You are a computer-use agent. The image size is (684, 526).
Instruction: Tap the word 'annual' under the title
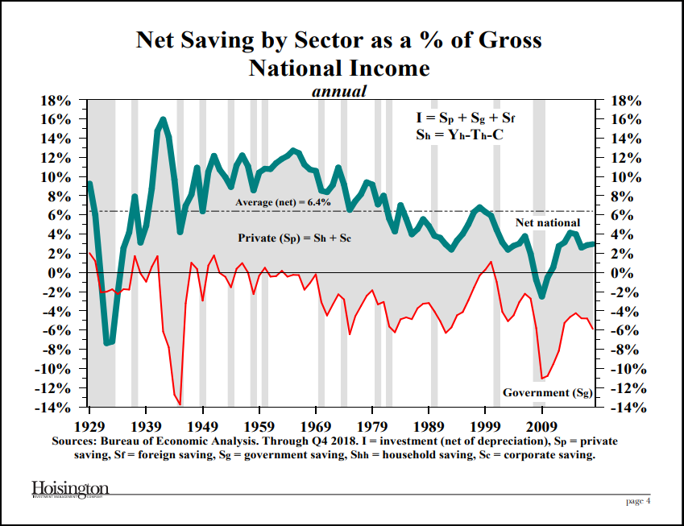pyautogui.click(x=339, y=91)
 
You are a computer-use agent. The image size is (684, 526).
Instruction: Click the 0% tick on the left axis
pyautogui.click(x=62, y=273)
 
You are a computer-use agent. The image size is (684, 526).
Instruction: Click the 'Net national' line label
pyautogui.click(x=547, y=222)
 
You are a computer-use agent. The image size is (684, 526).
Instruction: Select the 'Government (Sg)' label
pyautogui.click(x=548, y=393)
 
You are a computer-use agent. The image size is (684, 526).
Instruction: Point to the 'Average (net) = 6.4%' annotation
pyautogui.click(x=283, y=202)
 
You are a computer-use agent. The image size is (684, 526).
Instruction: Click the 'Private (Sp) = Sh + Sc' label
pyautogui.click(x=296, y=238)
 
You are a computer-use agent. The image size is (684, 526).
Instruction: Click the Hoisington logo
pyautogui.click(x=70, y=491)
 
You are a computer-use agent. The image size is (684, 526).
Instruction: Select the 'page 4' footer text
pyautogui.click(x=638, y=501)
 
